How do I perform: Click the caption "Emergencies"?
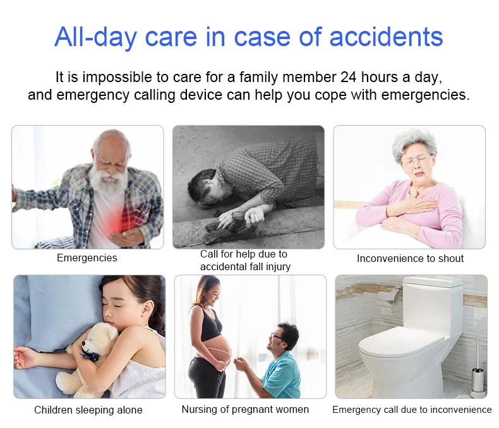(87, 258)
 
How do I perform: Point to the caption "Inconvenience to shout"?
(410, 258)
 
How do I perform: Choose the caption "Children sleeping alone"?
(88, 410)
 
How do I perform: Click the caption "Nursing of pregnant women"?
(245, 409)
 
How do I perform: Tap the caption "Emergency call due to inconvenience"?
(412, 410)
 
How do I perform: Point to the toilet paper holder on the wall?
(391, 294)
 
